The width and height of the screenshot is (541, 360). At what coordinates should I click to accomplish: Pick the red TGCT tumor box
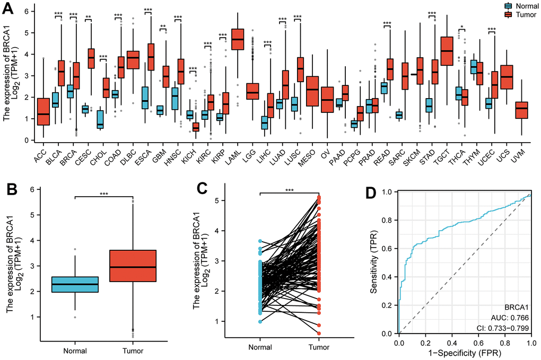447,51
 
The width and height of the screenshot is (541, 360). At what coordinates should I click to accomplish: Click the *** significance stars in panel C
289,189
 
